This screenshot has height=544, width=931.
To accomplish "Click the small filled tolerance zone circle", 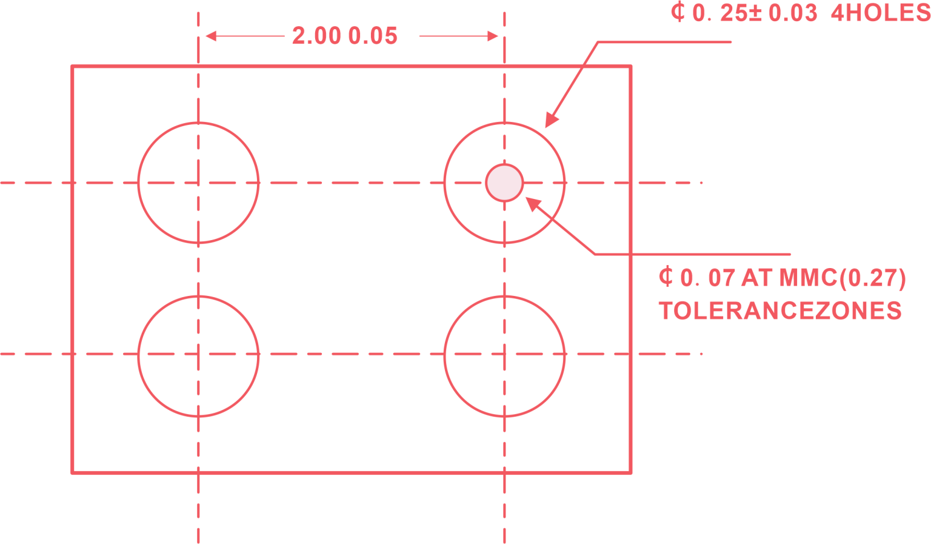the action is pos(504,183).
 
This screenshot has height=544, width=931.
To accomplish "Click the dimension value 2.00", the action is pos(316,36).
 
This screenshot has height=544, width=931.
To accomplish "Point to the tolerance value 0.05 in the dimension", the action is pos(373,36).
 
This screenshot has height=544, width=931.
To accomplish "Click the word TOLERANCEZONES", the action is pos(780,311).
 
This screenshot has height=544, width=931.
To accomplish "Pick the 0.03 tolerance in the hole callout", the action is pos(793,13).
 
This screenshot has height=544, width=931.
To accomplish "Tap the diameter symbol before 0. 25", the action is pos(678,13).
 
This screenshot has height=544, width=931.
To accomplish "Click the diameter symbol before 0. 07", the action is pos(666,278).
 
